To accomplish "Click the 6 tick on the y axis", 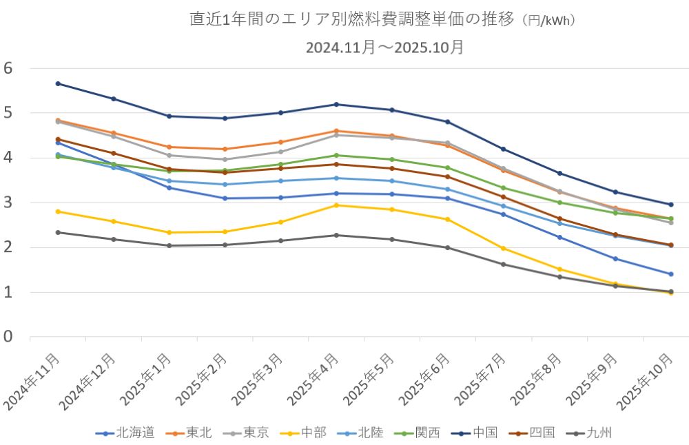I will click(8, 68).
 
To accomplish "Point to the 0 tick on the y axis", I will click(8, 337).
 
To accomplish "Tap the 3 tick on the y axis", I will click(8, 203).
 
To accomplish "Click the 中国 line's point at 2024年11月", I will click(58, 83).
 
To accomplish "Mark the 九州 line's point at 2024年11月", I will click(58, 232).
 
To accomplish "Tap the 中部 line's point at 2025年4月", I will click(336, 205).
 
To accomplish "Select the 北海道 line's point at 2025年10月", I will click(670, 274).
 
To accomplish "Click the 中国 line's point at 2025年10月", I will click(670, 205).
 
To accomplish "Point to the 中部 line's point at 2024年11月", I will click(58, 211).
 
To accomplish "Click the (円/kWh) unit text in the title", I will click(548, 21).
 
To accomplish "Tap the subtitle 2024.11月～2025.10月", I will click(385, 48).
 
